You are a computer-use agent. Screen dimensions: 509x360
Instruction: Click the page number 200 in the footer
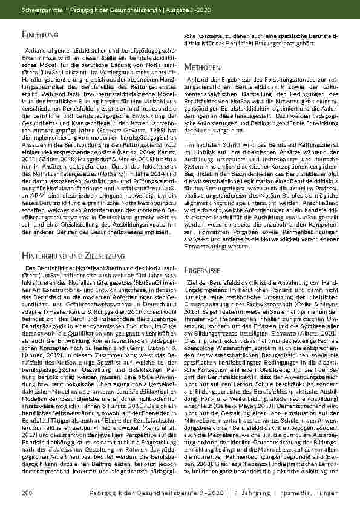27,494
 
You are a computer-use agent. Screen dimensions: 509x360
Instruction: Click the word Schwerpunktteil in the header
42,11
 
